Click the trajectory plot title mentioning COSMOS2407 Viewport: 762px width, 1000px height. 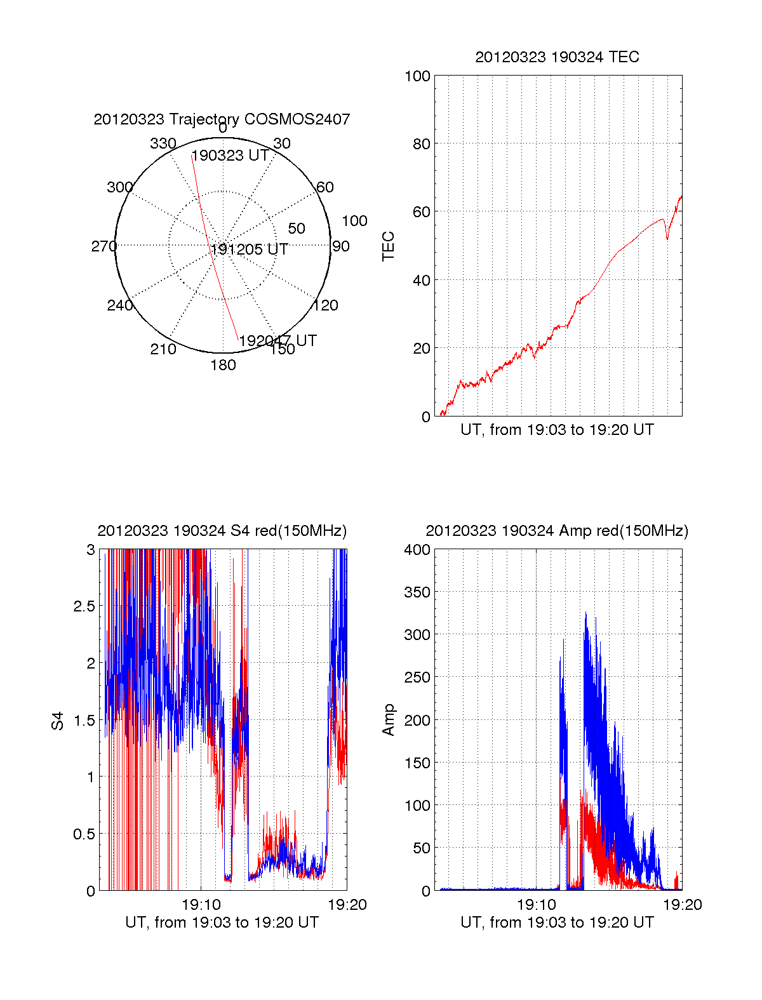[x=222, y=119]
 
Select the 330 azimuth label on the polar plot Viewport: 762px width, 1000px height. [x=163, y=143]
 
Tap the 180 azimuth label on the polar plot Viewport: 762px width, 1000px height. [x=223, y=365]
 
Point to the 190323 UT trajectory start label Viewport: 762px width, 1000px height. [x=230, y=156]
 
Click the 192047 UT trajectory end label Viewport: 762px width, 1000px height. [x=278, y=341]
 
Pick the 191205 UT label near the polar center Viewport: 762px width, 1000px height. [x=250, y=250]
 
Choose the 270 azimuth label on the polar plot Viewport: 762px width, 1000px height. [x=104, y=246]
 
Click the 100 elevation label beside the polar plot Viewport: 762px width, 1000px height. [x=354, y=221]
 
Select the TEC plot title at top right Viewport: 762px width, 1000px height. [x=557, y=57]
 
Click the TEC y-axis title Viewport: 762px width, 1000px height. [x=389, y=246]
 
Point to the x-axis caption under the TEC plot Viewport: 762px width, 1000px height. [x=557, y=430]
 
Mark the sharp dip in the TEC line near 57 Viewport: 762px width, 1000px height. [x=667, y=238]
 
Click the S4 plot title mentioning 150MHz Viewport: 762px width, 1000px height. [x=222, y=531]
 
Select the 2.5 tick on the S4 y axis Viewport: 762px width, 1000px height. [x=84, y=606]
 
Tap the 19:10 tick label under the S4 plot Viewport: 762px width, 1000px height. [x=201, y=905]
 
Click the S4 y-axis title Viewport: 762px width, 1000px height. [x=58, y=721]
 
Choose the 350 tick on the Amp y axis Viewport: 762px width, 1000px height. [x=417, y=592]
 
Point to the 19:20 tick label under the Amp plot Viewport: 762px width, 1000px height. [x=683, y=905]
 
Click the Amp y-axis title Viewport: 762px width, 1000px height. [x=389, y=720]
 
